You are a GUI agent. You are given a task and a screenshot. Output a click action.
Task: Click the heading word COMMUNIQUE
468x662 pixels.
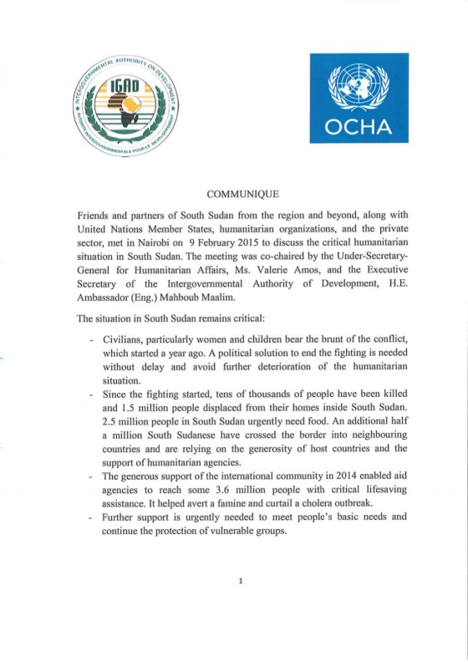[242, 194]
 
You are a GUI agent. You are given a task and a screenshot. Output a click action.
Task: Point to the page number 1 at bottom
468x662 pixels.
[241, 580]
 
